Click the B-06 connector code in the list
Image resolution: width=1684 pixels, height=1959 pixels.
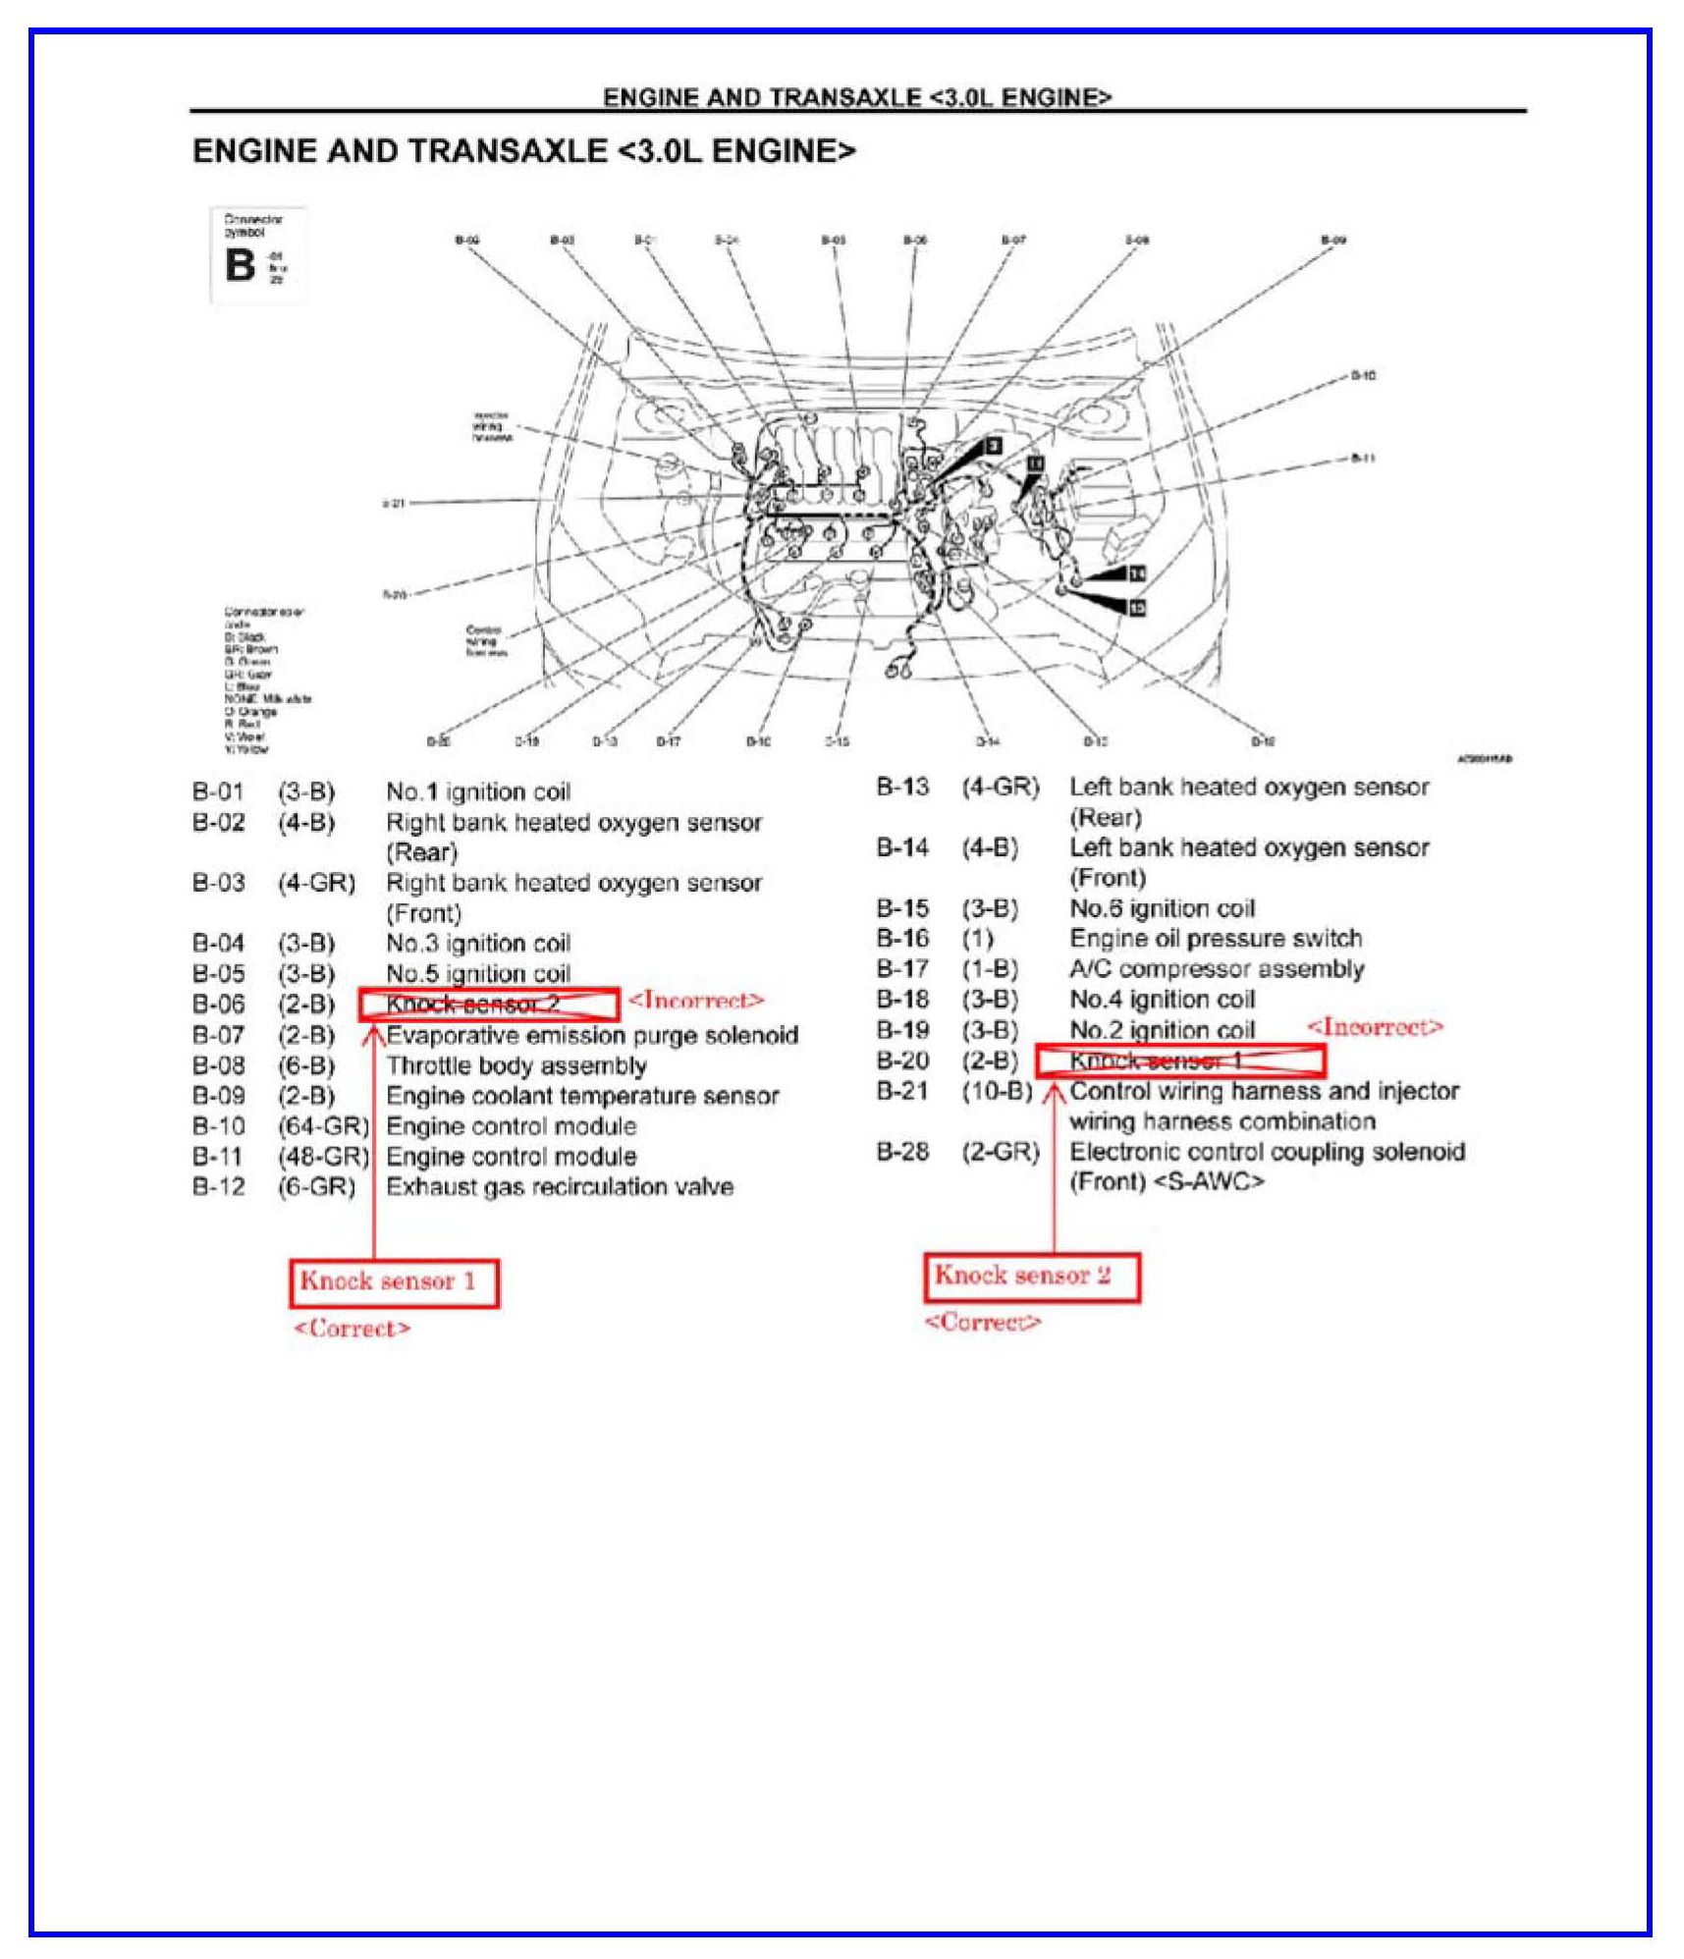[218, 1005]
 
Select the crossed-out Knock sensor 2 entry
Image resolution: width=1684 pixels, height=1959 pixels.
[488, 1005]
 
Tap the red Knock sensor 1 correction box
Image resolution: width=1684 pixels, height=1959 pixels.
[394, 1282]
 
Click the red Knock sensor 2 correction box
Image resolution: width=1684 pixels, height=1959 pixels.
[1031, 1277]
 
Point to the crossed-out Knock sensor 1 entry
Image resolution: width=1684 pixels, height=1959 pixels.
[1179, 1061]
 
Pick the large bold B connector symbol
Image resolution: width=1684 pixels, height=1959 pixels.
[240, 265]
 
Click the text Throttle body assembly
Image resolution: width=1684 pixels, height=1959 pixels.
[516, 1065]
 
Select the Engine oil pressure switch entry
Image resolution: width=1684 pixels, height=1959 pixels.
[1215, 938]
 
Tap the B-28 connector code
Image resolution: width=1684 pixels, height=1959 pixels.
[901, 1151]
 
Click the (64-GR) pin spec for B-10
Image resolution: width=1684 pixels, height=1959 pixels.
[323, 1125]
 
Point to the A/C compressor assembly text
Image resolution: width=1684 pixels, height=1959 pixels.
[1216, 969]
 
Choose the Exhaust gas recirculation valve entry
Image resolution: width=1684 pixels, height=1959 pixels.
[559, 1186]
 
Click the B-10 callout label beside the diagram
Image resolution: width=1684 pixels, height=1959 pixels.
[1362, 375]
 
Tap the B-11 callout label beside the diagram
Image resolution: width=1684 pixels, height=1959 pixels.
[1362, 458]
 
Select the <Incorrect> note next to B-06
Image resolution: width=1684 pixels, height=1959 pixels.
[695, 1001]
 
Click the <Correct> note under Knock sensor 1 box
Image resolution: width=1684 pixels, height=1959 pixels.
[352, 1329]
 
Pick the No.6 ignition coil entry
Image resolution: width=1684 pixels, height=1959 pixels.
[1162, 908]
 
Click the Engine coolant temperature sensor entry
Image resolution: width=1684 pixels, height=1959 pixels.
[581, 1096]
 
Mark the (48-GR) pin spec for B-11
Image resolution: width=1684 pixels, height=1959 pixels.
[323, 1156]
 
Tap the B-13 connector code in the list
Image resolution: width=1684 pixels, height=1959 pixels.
[901, 787]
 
